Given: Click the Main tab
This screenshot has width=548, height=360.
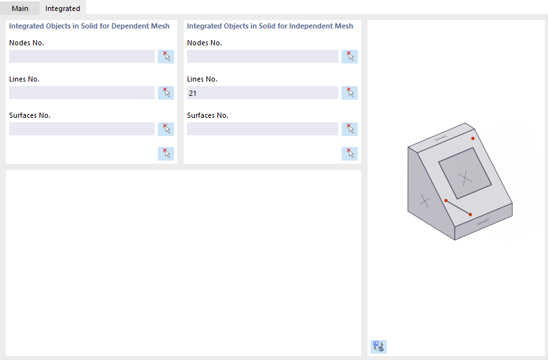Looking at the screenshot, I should pos(20,8).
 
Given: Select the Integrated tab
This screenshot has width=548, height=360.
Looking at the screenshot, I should pos(63,8).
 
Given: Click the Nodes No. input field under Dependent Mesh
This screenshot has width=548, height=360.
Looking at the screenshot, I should pos(82,56).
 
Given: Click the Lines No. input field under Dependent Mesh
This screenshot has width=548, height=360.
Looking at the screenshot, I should pos(82,93).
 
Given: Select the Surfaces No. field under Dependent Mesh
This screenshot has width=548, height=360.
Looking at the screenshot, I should pos(82,129).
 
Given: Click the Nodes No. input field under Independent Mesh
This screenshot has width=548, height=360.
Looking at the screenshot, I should pos(262,56).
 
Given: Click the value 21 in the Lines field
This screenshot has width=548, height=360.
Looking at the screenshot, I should pos(193,93).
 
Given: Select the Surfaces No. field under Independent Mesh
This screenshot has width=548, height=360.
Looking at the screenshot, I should pos(262,129).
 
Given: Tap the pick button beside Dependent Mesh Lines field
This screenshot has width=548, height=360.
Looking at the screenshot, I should pos(166,93).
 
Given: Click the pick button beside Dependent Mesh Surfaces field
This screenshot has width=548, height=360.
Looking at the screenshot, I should pos(166,129).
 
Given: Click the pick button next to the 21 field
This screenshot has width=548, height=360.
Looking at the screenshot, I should pos(350,93).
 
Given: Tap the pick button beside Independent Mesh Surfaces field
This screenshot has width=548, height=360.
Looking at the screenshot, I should pos(350,129).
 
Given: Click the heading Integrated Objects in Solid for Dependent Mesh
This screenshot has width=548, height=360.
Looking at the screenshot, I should pos(89,26).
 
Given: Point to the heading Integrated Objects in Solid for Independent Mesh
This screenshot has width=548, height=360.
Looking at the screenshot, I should pos(270,26).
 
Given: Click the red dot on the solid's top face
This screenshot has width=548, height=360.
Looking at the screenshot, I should pos(473,138).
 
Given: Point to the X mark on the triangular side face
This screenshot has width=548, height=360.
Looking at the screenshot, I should pos(424,201).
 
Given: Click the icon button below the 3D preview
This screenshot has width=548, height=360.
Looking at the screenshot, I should pos(378,346).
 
